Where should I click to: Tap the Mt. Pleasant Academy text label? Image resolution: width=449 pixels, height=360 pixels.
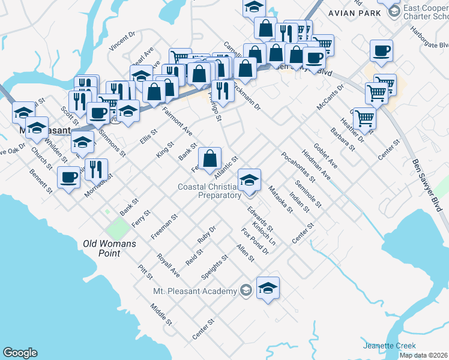(x=194, y=292)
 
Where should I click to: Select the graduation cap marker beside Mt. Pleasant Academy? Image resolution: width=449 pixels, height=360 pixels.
(x=268, y=289)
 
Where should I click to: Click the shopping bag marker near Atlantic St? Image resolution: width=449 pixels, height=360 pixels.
(x=209, y=160)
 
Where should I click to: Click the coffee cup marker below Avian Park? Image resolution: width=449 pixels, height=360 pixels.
(x=381, y=51)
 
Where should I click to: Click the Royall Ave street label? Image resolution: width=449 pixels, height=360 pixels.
(x=168, y=265)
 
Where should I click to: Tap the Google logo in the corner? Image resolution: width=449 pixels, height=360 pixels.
(x=20, y=353)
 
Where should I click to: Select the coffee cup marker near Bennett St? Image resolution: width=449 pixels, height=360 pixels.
(x=69, y=178)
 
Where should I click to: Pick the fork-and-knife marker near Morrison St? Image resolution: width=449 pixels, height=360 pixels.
(x=96, y=170)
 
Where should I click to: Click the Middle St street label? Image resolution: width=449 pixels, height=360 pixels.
(x=161, y=314)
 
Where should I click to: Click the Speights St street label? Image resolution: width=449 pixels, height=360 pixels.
(x=214, y=268)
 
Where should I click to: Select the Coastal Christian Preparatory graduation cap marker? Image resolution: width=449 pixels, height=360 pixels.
(x=249, y=179)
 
